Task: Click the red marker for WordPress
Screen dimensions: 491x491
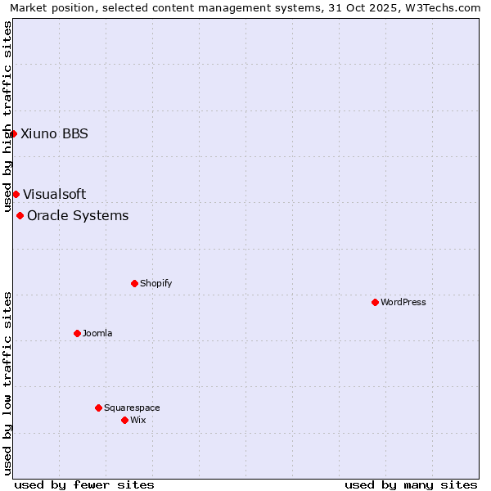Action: point(375,302)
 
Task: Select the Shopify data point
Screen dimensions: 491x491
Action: point(134,283)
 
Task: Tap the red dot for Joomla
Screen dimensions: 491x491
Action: point(77,333)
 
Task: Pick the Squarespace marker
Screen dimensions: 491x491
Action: point(98,408)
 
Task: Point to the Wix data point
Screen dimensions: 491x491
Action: point(124,420)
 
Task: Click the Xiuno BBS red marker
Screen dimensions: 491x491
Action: point(13,133)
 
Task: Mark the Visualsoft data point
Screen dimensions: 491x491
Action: point(16,194)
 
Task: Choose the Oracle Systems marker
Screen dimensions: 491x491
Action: point(20,215)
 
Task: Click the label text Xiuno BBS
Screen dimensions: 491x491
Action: point(54,133)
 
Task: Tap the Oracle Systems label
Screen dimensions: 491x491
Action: point(78,215)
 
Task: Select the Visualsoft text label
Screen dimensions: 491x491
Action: point(54,194)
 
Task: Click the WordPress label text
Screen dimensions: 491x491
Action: point(403,302)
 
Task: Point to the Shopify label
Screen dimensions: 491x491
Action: point(155,283)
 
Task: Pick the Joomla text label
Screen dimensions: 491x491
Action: point(97,333)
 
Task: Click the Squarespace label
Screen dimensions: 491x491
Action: point(132,408)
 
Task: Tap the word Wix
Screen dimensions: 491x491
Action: point(137,420)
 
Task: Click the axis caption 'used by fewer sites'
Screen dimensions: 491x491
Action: point(84,484)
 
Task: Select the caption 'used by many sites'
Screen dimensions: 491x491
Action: point(411,484)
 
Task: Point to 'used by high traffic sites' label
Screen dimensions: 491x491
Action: point(8,116)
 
